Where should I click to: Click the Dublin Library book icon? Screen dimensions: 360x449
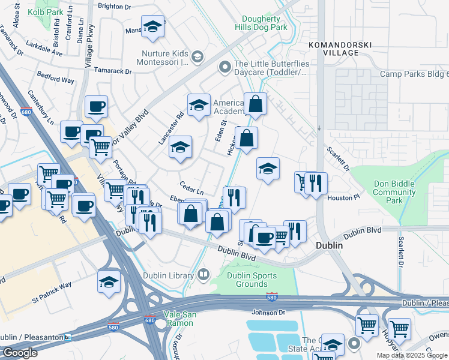pos(203,275)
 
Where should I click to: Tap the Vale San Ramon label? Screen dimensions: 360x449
pos(179,319)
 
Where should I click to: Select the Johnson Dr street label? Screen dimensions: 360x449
pos(268,312)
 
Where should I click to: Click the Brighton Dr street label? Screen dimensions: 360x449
pos(115,5)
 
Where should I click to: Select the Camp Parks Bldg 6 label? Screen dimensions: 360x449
pos(414,74)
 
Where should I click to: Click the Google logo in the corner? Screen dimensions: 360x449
pos(19,353)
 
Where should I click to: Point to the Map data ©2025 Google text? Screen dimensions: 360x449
pos(412,355)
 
